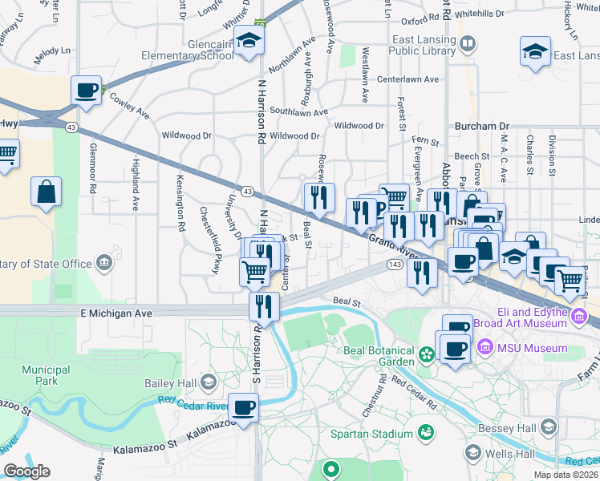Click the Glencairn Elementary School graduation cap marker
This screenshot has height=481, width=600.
pyautogui.click(x=249, y=42)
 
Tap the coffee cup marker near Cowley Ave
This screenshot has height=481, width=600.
pyautogui.click(x=86, y=91)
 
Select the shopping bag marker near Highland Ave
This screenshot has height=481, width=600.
pyautogui.click(x=47, y=192)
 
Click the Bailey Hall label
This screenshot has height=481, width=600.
pyautogui.click(x=170, y=383)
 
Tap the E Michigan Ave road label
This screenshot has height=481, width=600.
pyautogui.click(x=116, y=314)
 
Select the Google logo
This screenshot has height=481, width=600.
pyautogui.click(x=26, y=471)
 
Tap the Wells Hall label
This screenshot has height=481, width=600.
pyautogui.click(x=509, y=455)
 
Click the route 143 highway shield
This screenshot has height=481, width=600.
pyautogui.click(x=394, y=265)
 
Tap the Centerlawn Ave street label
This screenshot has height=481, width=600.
pyautogui.click(x=408, y=79)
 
